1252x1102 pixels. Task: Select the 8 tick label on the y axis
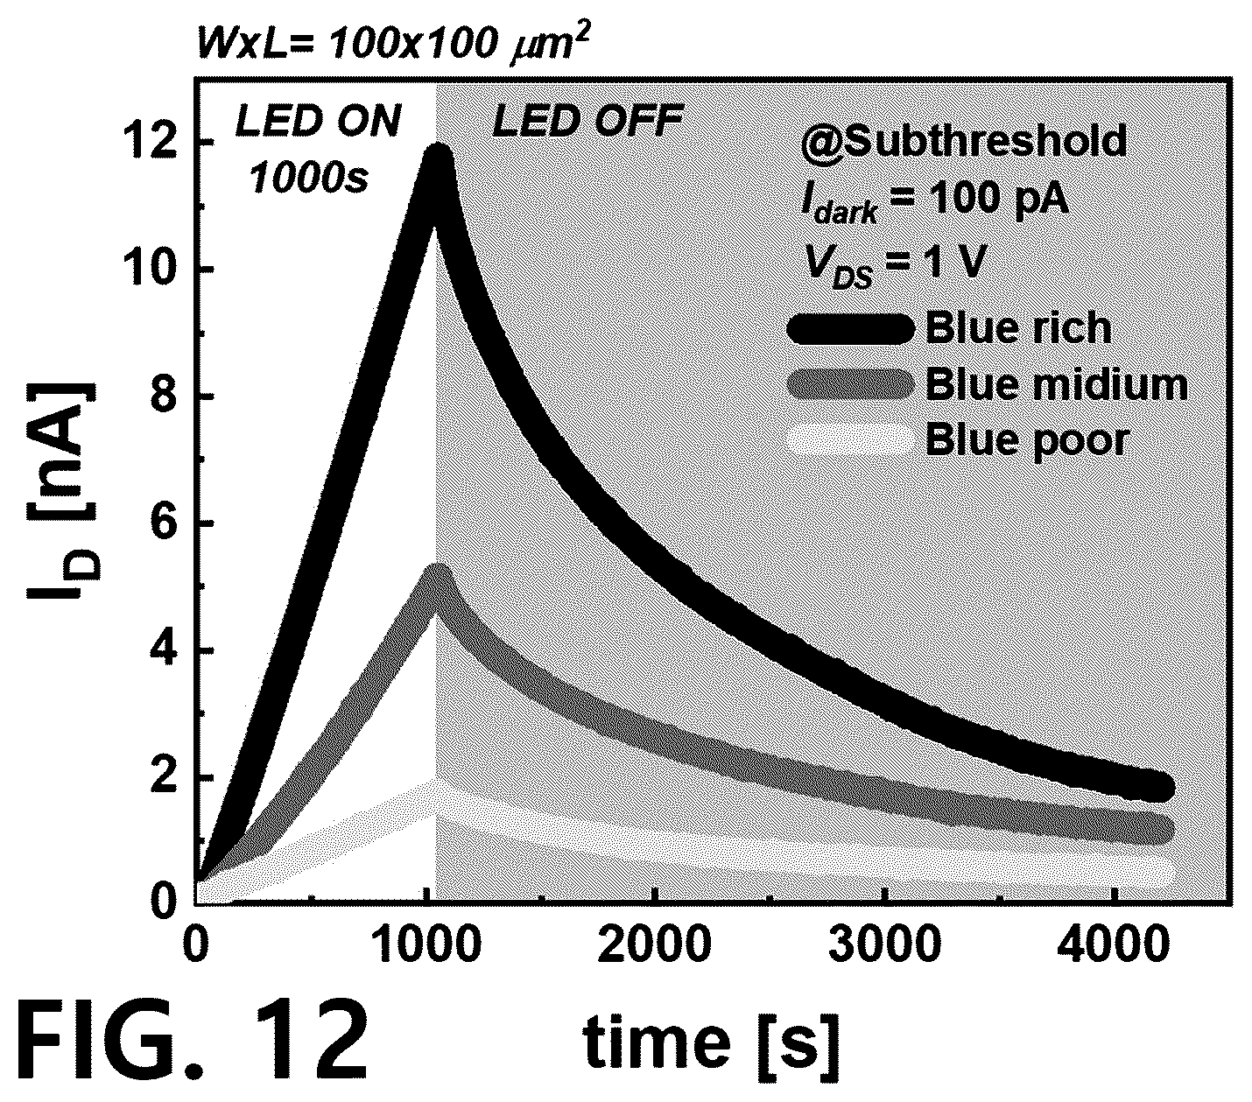[x=163, y=397]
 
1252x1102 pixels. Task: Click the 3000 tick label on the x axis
[x=884, y=944]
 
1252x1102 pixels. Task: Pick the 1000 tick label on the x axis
[x=427, y=944]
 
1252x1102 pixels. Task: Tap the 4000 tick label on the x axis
[x=1113, y=944]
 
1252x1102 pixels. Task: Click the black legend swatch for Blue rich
[x=850, y=328]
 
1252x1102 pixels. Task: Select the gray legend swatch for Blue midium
[x=850, y=384]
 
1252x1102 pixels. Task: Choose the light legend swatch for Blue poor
[x=850, y=439]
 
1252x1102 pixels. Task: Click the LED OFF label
[x=587, y=122]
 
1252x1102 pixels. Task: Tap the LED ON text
[x=318, y=122]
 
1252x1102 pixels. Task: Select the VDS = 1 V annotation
[x=894, y=264]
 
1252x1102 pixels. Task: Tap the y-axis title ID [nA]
[x=61, y=490]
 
